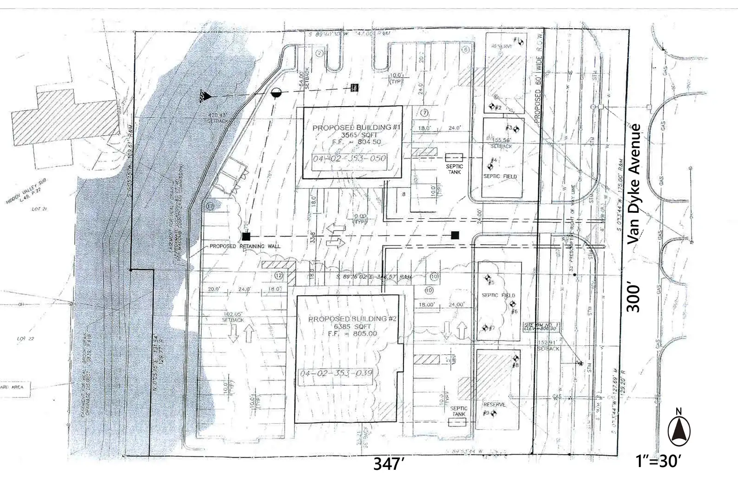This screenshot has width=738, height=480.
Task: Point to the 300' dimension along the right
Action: [x=635, y=298]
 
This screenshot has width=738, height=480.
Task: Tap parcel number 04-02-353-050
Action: [x=349, y=159]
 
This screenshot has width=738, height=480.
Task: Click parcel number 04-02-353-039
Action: [x=336, y=373]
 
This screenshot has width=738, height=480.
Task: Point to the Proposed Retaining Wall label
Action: [x=244, y=246]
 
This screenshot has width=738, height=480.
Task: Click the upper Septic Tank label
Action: [x=454, y=169]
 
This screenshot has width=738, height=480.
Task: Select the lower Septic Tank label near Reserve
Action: [x=459, y=411]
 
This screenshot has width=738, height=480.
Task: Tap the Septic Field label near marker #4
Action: [x=500, y=176]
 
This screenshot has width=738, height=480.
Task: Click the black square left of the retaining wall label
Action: [x=246, y=237]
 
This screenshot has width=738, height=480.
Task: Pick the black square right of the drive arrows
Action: [x=456, y=235]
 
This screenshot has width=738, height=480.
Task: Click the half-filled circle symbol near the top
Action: [x=276, y=92]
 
